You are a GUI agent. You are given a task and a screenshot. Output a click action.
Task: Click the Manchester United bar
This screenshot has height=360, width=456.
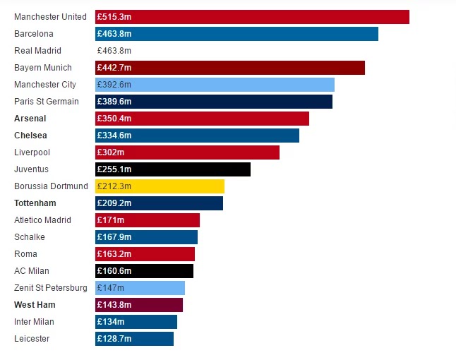[252, 16]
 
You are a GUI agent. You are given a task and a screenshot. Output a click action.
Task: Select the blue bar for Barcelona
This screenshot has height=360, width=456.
[236, 33]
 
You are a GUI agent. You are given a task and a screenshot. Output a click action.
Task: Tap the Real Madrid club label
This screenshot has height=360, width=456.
[37, 51]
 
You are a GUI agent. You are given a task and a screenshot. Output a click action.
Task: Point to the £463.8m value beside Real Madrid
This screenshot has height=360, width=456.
[114, 51]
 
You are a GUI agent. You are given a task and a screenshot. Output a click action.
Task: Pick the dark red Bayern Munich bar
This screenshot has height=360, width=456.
[230, 67]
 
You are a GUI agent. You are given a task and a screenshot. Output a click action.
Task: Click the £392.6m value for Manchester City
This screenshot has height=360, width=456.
[114, 85]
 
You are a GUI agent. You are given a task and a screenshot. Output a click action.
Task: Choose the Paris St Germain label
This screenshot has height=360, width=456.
[47, 102]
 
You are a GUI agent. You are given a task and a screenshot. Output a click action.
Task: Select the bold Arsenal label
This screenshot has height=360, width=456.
[30, 119]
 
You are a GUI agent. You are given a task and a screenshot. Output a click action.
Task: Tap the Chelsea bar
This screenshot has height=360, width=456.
[197, 135]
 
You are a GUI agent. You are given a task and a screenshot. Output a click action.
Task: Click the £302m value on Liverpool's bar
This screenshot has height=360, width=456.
[110, 152]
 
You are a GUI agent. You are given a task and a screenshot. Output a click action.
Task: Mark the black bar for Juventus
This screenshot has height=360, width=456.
[173, 169]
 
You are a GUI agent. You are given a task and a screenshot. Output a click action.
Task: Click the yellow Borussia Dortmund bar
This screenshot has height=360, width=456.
[160, 186]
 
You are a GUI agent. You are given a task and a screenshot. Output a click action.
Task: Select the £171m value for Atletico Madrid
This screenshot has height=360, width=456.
[110, 220]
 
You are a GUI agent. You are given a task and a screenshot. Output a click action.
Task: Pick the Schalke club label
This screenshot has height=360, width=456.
[30, 237]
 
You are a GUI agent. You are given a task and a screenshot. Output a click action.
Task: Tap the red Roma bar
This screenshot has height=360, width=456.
[145, 253]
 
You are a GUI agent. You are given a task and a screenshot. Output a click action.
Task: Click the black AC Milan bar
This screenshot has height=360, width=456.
[144, 270]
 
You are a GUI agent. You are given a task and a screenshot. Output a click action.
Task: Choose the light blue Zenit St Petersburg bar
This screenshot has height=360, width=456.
[140, 288]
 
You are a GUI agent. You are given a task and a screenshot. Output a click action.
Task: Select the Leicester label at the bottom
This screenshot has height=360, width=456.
[32, 339]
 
